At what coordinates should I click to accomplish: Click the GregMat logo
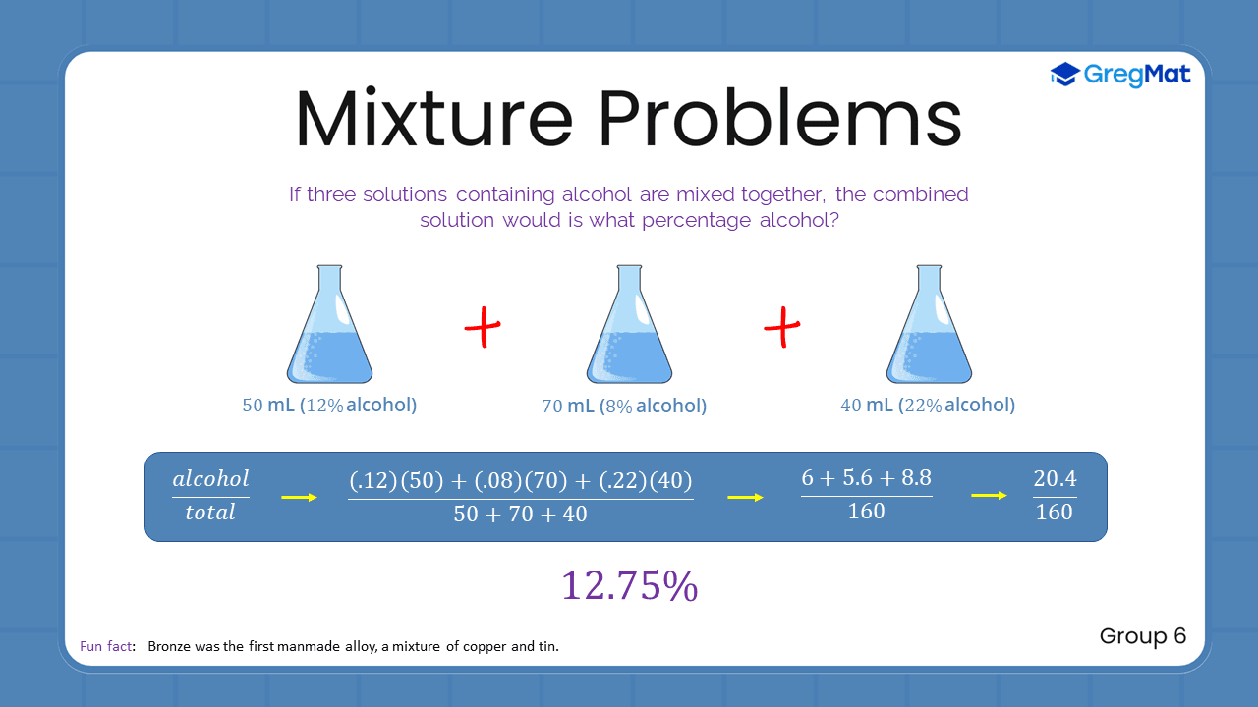tap(1120, 75)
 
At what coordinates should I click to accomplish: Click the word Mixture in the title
tap(432, 119)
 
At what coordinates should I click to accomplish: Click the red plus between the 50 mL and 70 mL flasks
tap(483, 327)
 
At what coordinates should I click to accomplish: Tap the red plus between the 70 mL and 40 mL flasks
tap(782, 327)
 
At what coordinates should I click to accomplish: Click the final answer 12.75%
tap(629, 585)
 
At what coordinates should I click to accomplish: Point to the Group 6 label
tap(1142, 636)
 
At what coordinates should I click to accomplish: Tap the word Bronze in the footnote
tap(170, 647)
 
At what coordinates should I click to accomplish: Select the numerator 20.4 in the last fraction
tap(1055, 479)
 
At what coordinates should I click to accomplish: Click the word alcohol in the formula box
tap(210, 479)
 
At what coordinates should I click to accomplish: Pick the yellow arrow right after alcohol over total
tap(299, 498)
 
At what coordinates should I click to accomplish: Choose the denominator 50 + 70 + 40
tap(520, 514)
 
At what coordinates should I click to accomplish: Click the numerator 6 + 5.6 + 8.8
tap(866, 478)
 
